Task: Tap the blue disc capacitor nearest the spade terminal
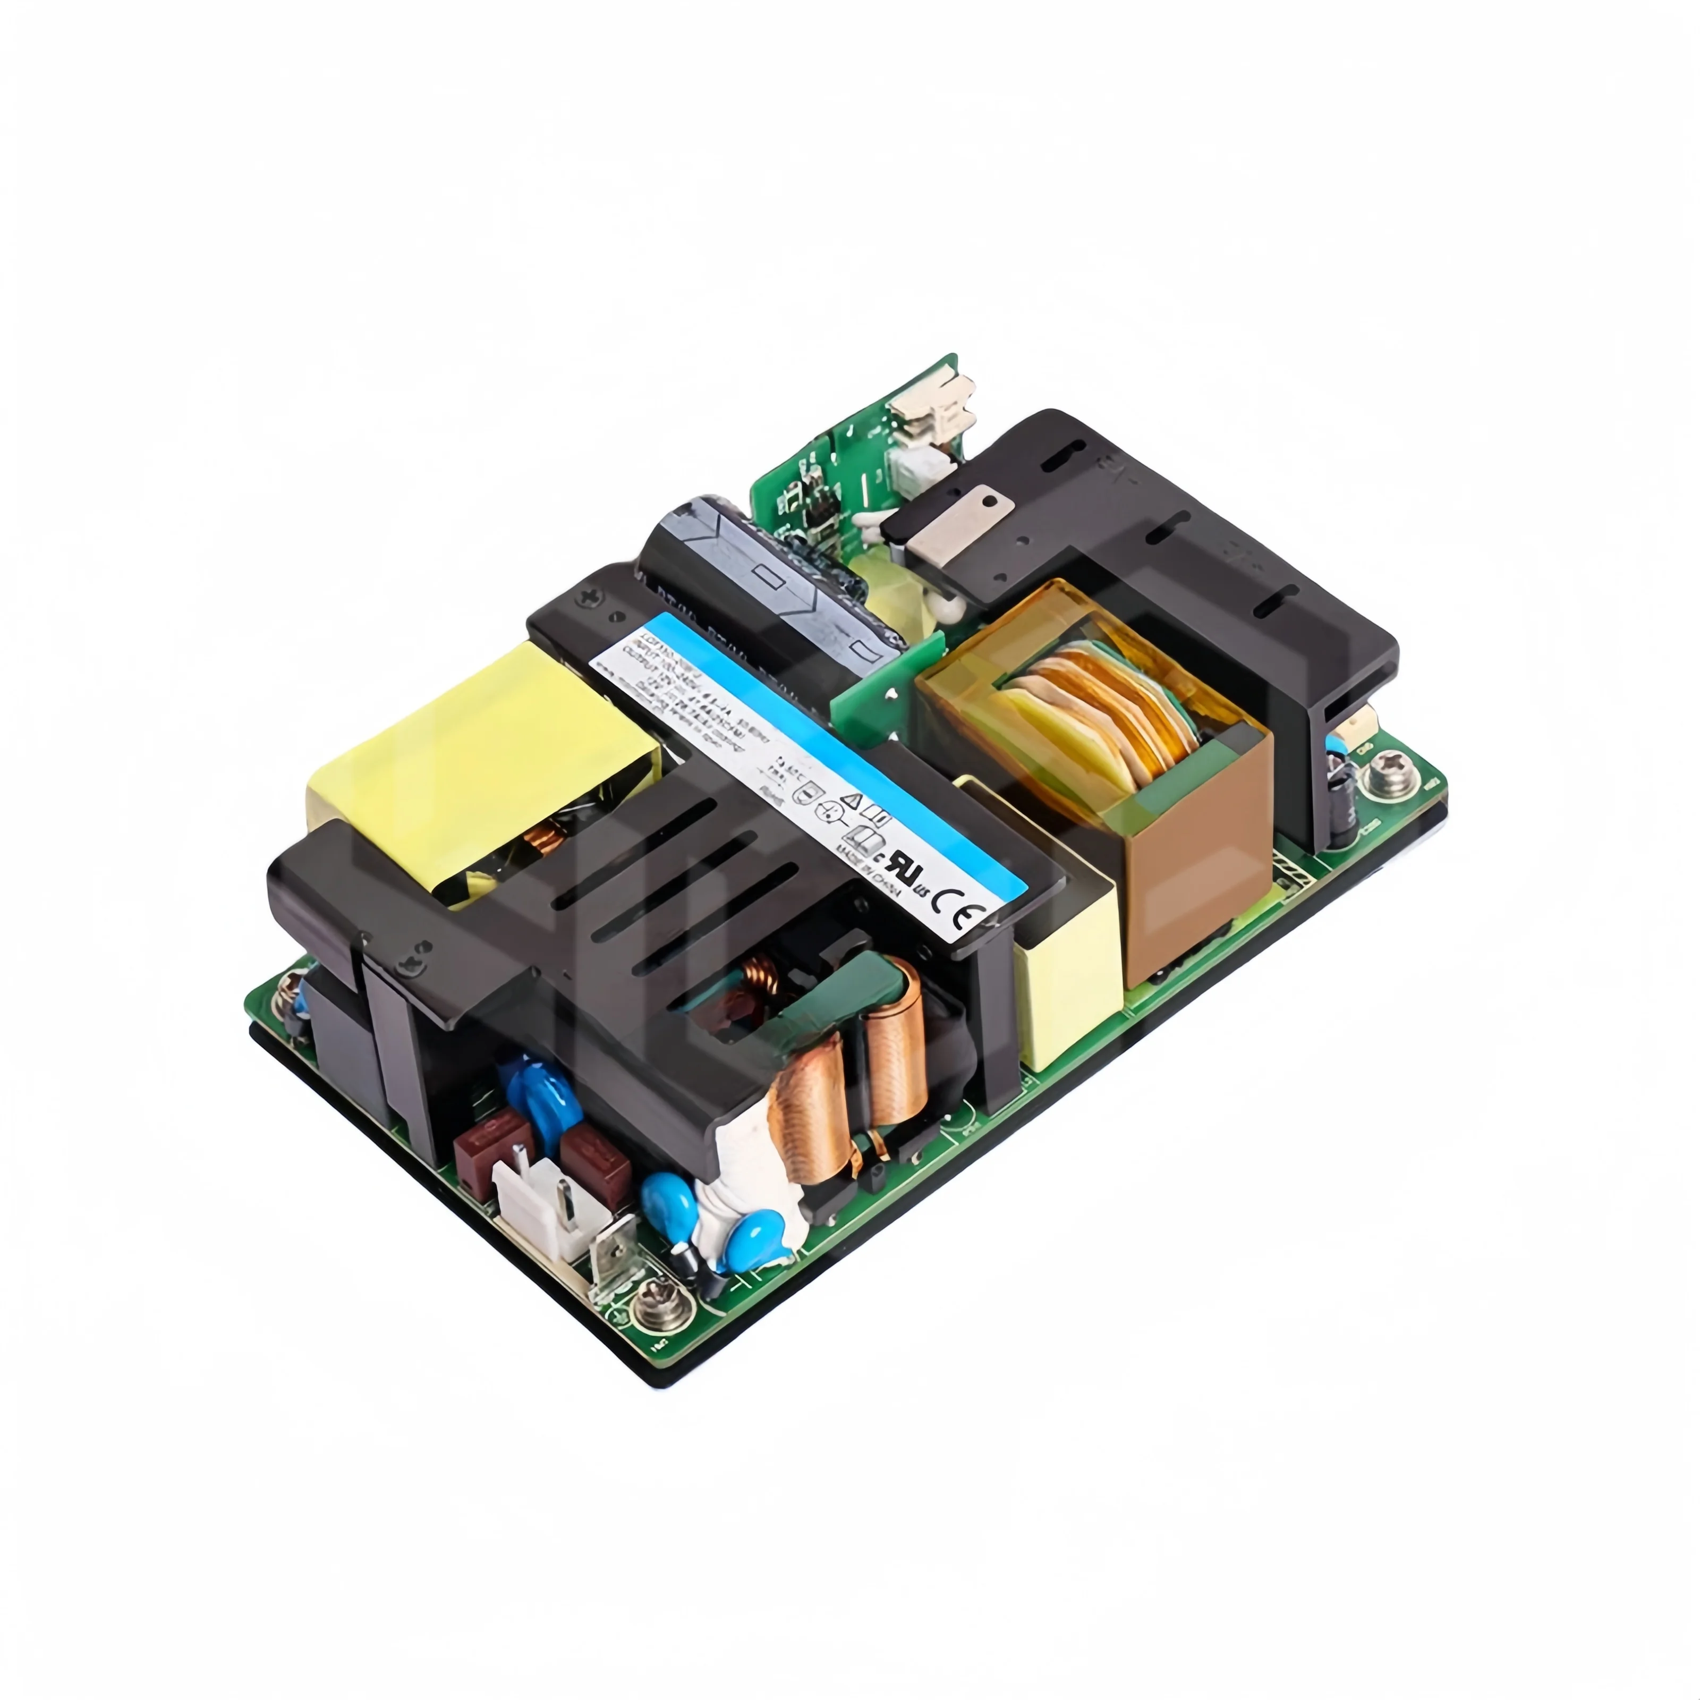(x=665, y=1198)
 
